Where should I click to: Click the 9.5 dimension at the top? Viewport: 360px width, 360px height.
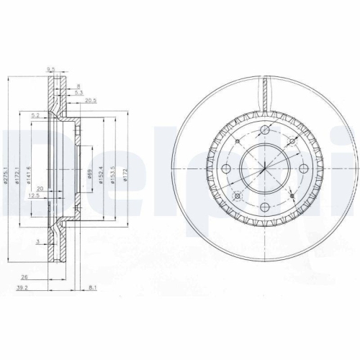click(x=50, y=70)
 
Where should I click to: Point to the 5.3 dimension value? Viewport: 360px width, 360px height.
click(x=78, y=92)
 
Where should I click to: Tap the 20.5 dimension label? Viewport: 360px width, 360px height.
click(x=91, y=101)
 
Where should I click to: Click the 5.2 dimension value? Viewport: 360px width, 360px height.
click(x=35, y=115)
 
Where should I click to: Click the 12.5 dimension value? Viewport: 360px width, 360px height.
click(x=33, y=195)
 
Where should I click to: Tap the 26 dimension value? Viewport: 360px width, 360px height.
click(x=25, y=276)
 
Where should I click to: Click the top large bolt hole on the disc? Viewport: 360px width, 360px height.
click(x=265, y=130)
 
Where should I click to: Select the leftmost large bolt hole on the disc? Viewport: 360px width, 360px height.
click(x=226, y=169)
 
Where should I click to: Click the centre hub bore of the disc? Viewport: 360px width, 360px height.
click(x=265, y=169)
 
